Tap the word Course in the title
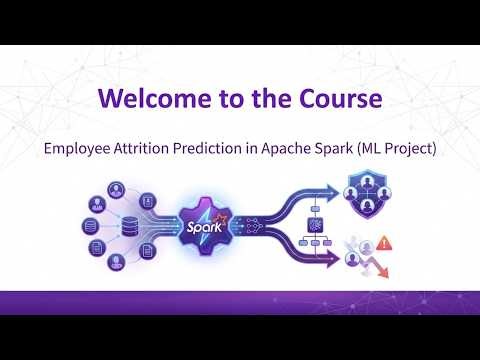336,100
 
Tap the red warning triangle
384,243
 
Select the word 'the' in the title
267,100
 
